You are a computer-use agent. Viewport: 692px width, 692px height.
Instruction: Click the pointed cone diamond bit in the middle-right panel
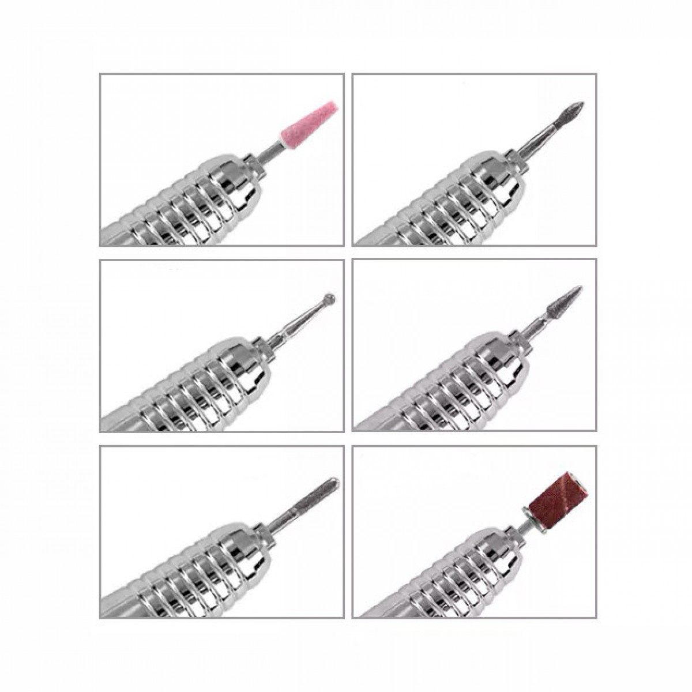[x=567, y=298]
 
